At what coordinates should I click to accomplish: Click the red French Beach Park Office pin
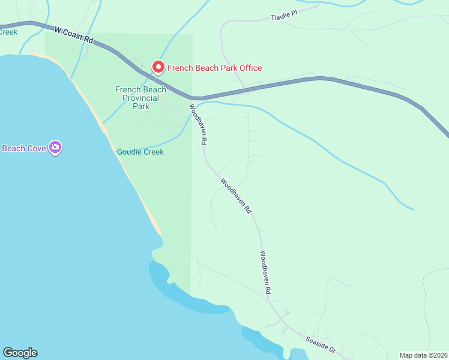click(x=158, y=67)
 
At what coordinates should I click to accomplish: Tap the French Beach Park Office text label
click(x=214, y=68)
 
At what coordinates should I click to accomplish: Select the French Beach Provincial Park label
click(x=140, y=98)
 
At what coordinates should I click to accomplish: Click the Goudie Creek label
click(x=140, y=152)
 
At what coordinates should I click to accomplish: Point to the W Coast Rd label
click(x=74, y=34)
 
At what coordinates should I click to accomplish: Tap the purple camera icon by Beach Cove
click(x=55, y=147)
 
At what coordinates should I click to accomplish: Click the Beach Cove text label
click(x=24, y=148)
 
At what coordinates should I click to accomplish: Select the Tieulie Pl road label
click(x=284, y=14)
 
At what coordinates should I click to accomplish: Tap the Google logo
click(x=20, y=353)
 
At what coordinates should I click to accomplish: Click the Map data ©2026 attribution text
click(x=424, y=355)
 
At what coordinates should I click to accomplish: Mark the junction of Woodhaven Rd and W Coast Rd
click(x=194, y=98)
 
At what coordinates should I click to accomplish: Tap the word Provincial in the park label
click(x=140, y=98)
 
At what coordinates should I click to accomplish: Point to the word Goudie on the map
click(x=128, y=152)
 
